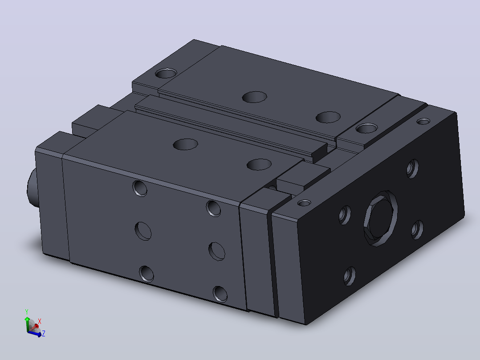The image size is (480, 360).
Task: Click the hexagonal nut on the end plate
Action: coord(381,218)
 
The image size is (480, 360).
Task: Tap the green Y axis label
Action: coord(27,312)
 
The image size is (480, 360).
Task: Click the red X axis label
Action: coord(40,321)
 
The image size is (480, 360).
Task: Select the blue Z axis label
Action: coord(44,333)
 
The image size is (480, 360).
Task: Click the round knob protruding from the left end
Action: coord(32,189)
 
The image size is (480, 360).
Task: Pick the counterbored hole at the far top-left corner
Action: coord(166,74)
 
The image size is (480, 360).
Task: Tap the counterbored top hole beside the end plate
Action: coord(366,128)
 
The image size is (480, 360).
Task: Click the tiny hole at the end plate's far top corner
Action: coord(423,122)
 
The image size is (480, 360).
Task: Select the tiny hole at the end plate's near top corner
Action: coord(304,203)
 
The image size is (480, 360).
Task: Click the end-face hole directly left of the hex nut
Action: coord(345,215)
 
